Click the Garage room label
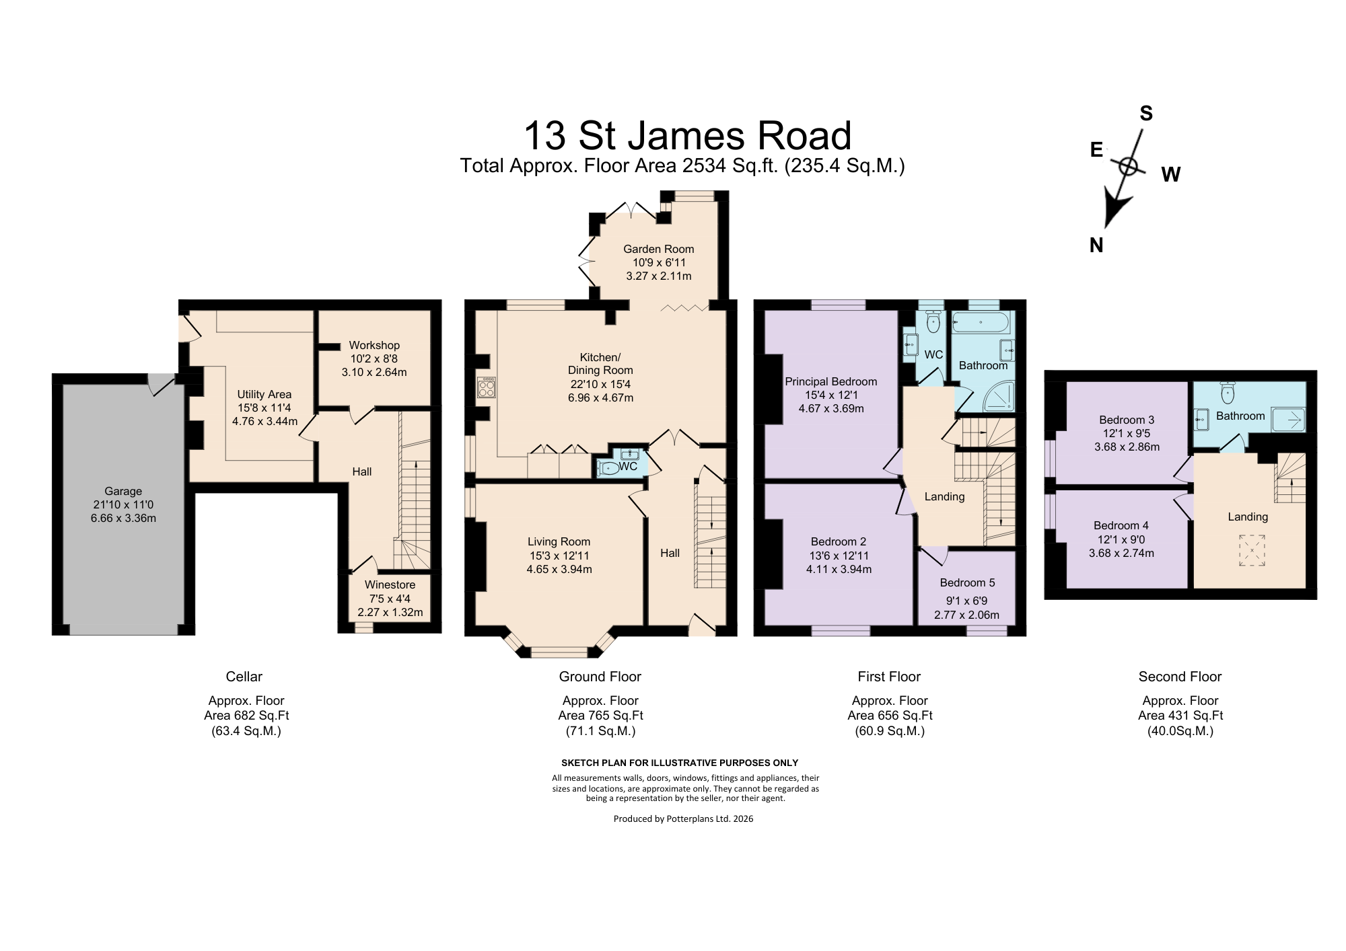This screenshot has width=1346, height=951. (123, 492)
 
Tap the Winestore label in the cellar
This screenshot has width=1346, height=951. (390, 585)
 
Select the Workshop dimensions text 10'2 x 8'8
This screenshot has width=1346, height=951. (374, 359)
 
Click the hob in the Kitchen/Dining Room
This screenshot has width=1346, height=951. (486, 387)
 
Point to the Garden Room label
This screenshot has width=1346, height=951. (659, 249)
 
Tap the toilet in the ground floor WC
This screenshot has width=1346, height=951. (608, 469)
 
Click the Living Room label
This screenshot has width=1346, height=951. (559, 542)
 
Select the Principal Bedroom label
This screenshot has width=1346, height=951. (831, 382)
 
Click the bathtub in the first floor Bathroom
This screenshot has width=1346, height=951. (982, 322)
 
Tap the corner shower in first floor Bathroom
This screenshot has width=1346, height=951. (999, 396)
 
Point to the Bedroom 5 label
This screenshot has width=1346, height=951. (967, 583)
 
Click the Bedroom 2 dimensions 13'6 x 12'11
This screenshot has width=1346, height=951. (839, 556)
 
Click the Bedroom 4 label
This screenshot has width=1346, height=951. (1121, 526)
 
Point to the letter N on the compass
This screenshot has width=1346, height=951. (1096, 246)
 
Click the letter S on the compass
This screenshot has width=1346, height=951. (1146, 114)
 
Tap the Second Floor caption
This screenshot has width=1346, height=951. (1180, 677)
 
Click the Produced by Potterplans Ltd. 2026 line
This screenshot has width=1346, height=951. (683, 819)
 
